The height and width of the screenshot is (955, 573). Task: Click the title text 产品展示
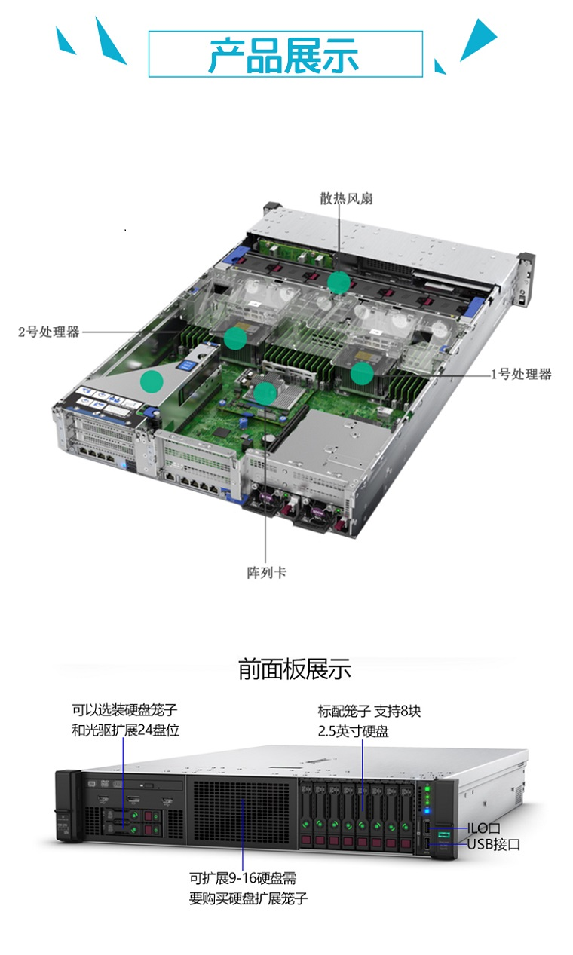(283, 54)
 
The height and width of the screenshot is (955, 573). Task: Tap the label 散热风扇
(346, 198)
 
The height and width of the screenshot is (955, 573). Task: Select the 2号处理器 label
(48, 332)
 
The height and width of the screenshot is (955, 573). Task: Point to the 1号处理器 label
(521, 375)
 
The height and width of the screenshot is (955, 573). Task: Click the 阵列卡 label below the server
(267, 572)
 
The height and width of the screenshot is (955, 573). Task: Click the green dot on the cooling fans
(339, 282)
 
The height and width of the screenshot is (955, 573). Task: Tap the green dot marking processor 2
(235, 338)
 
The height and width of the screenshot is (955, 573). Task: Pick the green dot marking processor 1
(363, 373)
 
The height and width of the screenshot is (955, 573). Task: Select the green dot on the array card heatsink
(265, 393)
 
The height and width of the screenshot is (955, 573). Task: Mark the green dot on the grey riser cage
(152, 381)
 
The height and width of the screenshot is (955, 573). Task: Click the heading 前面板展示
(294, 669)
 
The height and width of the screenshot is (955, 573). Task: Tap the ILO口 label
(483, 828)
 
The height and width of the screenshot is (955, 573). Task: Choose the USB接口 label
(494, 844)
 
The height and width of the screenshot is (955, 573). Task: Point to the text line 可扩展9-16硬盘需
(243, 878)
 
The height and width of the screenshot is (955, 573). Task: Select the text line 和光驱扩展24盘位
(125, 730)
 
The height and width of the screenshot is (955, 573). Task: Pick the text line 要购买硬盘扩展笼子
(249, 898)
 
